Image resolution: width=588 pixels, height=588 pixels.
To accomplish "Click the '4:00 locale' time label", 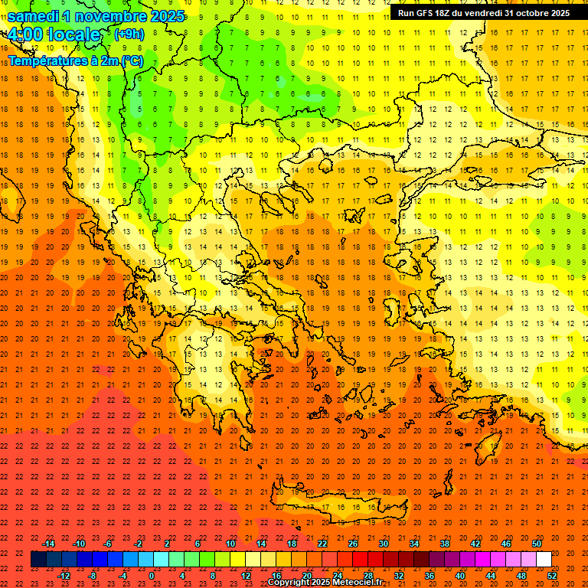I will [54, 34].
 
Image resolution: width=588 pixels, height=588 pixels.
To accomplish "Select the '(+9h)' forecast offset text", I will [128, 34].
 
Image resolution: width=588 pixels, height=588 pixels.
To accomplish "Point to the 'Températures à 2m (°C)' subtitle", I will [75, 60].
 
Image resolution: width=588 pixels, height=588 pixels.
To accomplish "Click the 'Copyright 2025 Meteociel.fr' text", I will [325, 583].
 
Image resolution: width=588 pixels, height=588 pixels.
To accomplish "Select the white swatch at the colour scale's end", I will [544, 560].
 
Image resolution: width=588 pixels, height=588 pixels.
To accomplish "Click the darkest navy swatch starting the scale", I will [38, 560].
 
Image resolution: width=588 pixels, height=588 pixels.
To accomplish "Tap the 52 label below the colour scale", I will [552, 575].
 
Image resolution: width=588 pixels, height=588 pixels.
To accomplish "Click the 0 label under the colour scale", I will [152, 575].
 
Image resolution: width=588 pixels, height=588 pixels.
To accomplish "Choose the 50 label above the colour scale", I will [537, 544].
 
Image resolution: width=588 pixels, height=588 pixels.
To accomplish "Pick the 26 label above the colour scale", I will [353, 544].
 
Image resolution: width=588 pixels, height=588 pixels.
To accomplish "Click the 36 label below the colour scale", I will [430, 575].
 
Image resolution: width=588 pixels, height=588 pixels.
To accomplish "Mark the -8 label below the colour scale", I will [92, 575].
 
